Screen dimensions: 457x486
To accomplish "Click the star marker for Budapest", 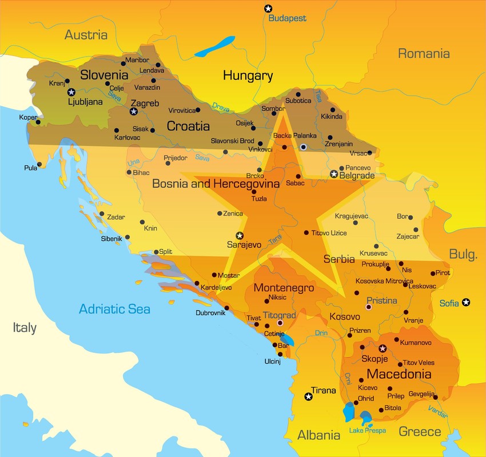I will [268, 8].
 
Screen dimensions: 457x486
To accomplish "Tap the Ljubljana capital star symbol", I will [71, 92].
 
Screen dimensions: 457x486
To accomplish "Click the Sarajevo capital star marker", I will [240, 235].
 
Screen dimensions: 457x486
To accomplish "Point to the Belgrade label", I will [357, 176].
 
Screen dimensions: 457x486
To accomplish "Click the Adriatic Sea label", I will [114, 309].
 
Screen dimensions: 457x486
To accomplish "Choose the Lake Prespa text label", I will [367, 430].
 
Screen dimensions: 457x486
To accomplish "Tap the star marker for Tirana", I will [309, 396].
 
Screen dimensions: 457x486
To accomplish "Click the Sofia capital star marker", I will [467, 302].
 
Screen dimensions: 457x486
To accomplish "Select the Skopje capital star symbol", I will [383, 348].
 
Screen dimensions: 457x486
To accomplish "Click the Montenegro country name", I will [284, 288].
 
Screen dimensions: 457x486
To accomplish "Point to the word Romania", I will [424, 54].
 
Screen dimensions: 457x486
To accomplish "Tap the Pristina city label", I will [381, 300].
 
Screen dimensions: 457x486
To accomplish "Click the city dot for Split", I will [156, 252].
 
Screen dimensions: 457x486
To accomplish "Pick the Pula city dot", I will [40, 165].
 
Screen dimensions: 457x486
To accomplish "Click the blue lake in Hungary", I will [214, 46].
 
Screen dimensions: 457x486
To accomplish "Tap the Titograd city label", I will [279, 315].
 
